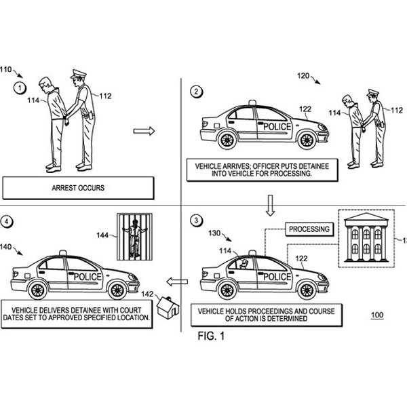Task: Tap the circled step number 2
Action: (197, 92)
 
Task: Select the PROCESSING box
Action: (309, 229)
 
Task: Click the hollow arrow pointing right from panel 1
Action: (143, 130)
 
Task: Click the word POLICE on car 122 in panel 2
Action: (277, 127)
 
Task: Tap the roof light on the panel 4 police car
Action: (63, 253)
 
